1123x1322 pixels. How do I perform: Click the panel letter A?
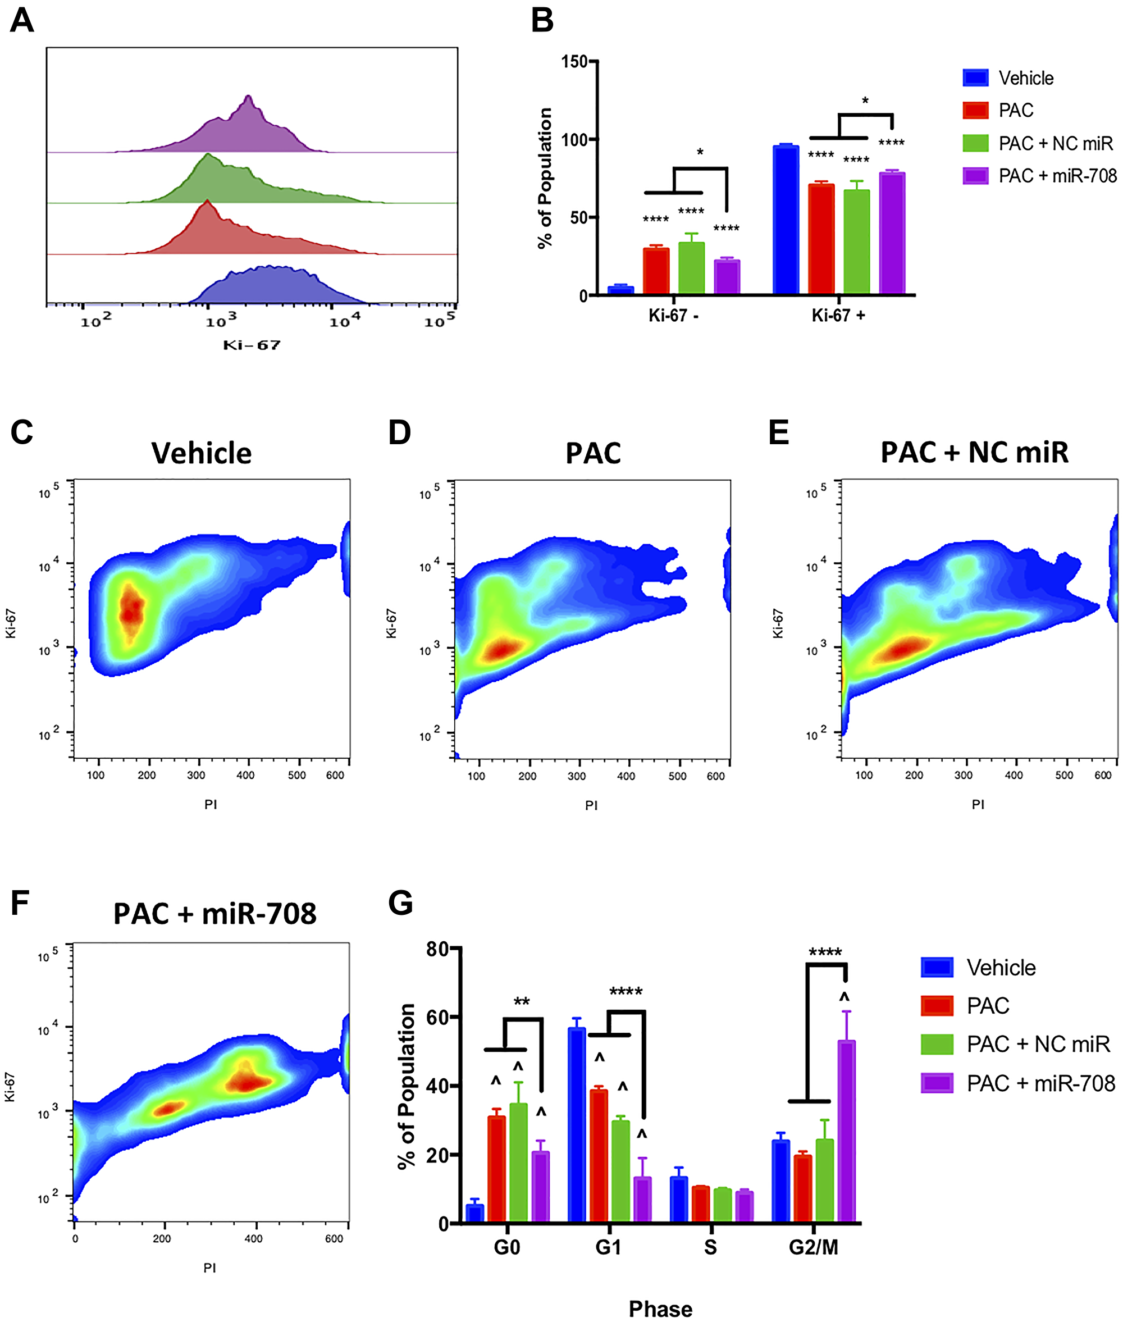point(22,20)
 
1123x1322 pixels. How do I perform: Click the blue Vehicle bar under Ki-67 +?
point(786,220)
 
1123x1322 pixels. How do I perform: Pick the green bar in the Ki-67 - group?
point(691,267)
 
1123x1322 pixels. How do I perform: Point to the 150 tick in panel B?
point(574,62)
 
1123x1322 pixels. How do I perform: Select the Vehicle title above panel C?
point(201,453)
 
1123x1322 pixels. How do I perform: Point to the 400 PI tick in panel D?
point(626,776)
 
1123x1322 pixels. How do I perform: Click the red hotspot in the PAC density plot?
point(503,650)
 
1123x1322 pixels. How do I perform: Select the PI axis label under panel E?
point(978,804)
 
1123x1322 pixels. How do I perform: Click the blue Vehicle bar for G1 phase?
point(577,1124)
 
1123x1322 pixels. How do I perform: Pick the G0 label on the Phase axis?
point(506,1247)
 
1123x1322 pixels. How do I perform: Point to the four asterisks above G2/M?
point(825,952)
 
